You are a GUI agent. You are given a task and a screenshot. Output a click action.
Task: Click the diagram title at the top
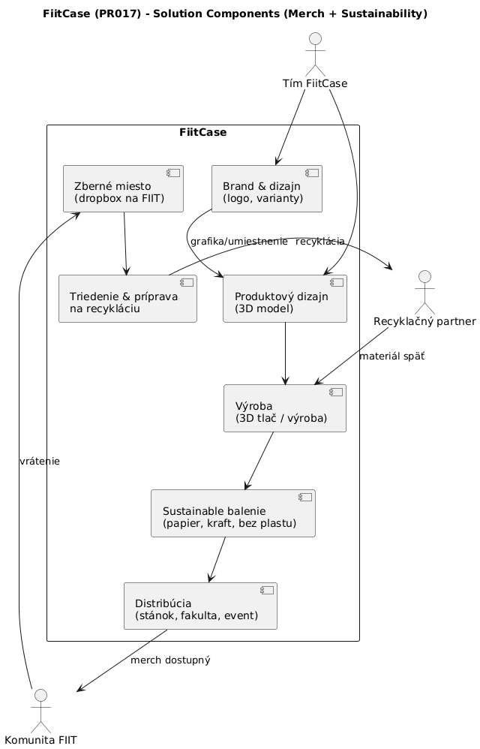(x=235, y=14)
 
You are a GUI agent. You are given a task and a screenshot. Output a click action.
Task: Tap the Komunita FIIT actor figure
(x=40, y=708)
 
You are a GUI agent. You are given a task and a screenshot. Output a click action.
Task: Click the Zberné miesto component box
(x=123, y=189)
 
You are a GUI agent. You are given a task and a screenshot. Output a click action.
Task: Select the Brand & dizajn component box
(x=266, y=189)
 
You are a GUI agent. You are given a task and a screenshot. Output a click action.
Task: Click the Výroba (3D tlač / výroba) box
(x=285, y=408)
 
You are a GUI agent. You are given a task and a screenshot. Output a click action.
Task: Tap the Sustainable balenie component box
(x=232, y=513)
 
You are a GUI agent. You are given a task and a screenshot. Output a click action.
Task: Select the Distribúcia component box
(x=200, y=606)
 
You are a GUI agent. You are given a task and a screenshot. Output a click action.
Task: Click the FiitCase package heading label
(x=202, y=133)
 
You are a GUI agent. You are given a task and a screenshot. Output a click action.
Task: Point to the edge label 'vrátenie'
(x=40, y=462)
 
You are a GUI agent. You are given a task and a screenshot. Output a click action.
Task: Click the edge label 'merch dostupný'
(x=170, y=660)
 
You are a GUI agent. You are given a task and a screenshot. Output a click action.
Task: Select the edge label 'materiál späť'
(x=391, y=356)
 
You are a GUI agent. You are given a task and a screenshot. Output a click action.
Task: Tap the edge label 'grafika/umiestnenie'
(x=238, y=242)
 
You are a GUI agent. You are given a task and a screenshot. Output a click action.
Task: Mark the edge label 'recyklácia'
(x=320, y=242)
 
